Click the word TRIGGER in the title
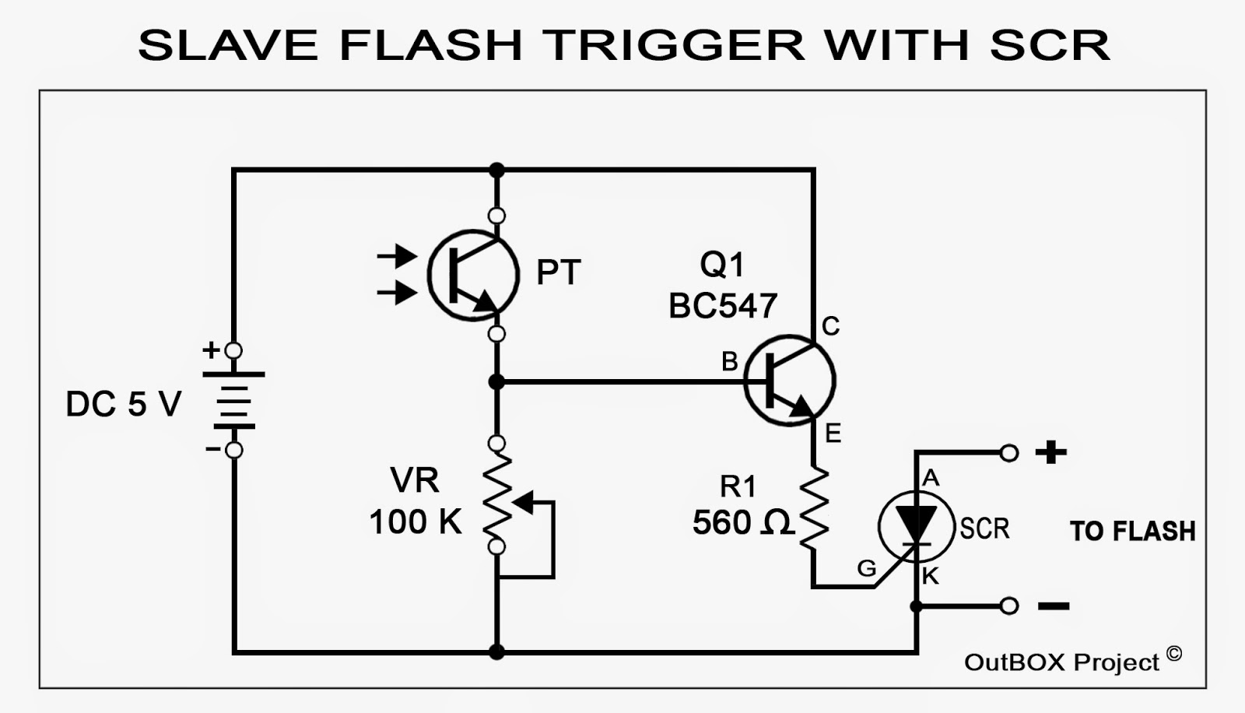click(x=675, y=44)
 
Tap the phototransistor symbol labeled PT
click(x=473, y=275)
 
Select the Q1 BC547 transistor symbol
click(x=789, y=381)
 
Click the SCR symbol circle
click(x=916, y=528)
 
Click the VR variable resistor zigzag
click(x=497, y=495)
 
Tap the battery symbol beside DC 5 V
click(x=233, y=400)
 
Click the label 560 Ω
click(x=742, y=523)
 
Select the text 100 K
click(x=416, y=522)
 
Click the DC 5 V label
click(x=124, y=405)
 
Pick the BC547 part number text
click(x=723, y=306)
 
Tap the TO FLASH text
click(x=1132, y=532)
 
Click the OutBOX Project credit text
click(x=1062, y=662)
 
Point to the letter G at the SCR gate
click(x=866, y=569)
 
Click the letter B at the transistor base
click(x=729, y=361)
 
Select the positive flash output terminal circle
click(x=1008, y=452)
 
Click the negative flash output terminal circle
click(x=1008, y=606)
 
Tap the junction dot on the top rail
click(x=496, y=170)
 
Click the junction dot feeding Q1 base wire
click(x=496, y=381)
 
